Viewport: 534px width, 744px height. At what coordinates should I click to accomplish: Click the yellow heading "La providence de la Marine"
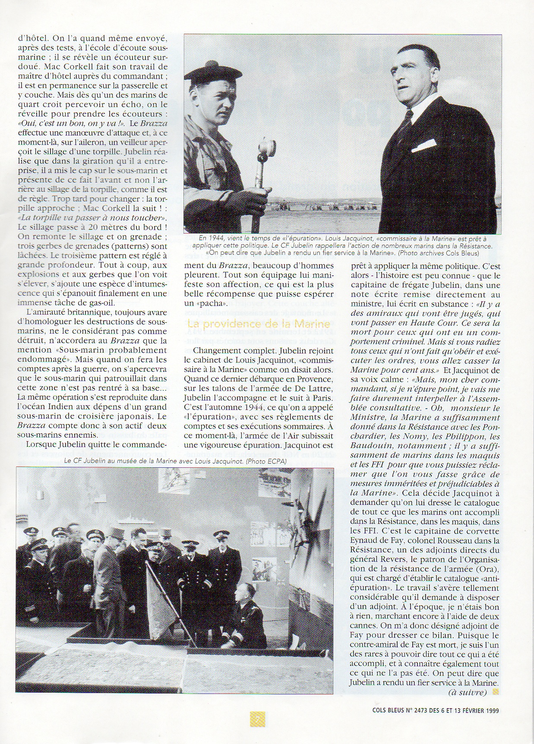point(259,324)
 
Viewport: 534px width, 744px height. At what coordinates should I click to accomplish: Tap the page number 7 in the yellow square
point(258,719)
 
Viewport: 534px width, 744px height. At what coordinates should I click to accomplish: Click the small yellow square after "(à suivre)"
point(495,692)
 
